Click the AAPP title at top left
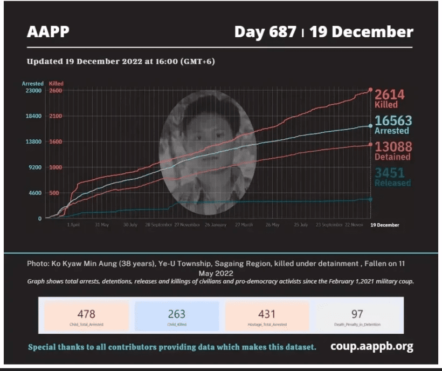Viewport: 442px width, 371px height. pyautogui.click(x=48, y=32)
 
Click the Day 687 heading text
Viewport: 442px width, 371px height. pyautogui.click(x=265, y=32)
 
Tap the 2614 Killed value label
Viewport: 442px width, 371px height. pyautogui.click(x=389, y=98)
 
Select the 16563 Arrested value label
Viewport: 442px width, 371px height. pyautogui.click(x=393, y=125)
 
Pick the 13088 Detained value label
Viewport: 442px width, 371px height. pyautogui.click(x=393, y=151)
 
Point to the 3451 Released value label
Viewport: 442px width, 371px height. pyautogui.click(x=393, y=177)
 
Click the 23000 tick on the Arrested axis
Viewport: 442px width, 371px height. pyautogui.click(x=32, y=91)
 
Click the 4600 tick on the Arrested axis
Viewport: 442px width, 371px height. pyautogui.click(x=33, y=193)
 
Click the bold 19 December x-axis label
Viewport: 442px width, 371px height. pyautogui.click(x=385, y=225)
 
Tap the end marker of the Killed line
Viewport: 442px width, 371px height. pyautogui.click(x=371, y=90)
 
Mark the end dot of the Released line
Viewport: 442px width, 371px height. pyautogui.click(x=371, y=199)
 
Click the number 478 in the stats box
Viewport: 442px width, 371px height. pyautogui.click(x=86, y=314)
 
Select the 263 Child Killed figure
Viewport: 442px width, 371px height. pyautogui.click(x=176, y=314)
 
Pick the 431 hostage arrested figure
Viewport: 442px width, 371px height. pyautogui.click(x=267, y=314)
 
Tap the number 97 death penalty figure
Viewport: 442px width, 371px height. pyautogui.click(x=357, y=314)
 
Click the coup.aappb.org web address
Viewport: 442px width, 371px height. pyautogui.click(x=371, y=346)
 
